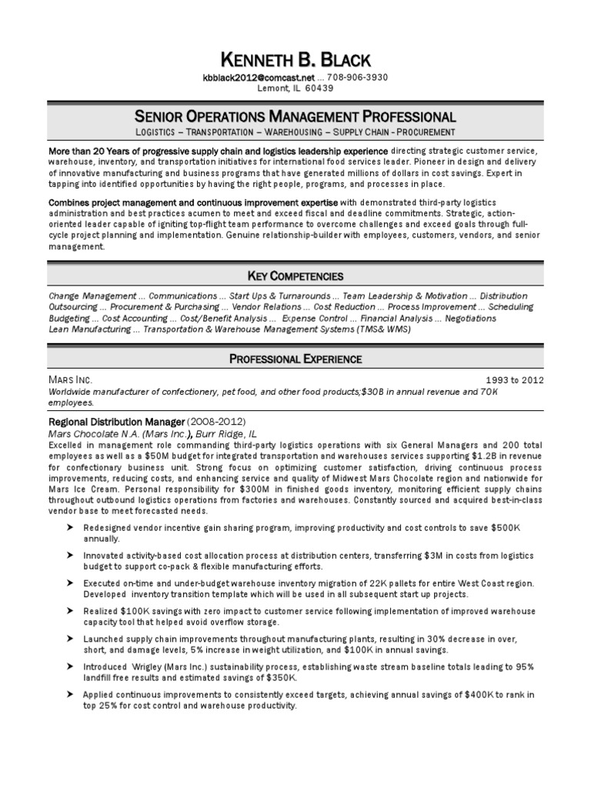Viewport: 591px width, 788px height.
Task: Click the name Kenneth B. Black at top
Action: point(295,60)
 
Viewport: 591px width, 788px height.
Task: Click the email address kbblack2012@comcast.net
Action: point(259,77)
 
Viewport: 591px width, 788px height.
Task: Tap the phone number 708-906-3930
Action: point(358,77)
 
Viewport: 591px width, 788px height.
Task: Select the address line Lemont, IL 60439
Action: point(295,88)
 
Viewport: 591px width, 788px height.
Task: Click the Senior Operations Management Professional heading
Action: point(295,117)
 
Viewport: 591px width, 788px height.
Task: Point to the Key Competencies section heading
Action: point(295,275)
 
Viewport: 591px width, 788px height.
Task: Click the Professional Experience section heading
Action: point(295,359)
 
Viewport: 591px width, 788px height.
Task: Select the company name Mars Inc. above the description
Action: point(70,380)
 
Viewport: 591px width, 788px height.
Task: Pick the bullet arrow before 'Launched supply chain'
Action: point(70,639)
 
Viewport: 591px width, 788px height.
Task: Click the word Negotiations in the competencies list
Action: point(469,318)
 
